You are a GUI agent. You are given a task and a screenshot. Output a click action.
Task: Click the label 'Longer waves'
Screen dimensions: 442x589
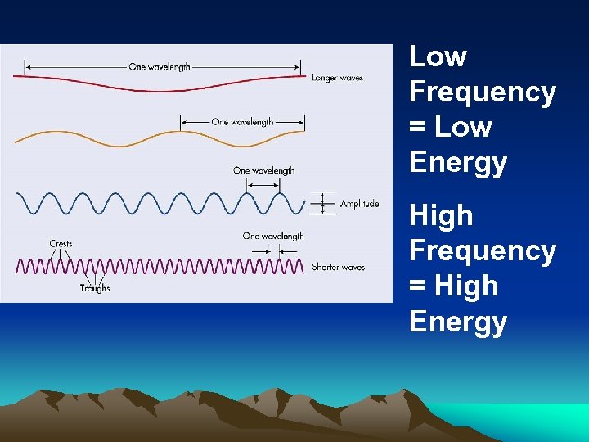337,78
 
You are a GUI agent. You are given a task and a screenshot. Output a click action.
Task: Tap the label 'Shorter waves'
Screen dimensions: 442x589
338,267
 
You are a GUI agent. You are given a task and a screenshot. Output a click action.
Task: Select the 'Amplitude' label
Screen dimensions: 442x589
359,204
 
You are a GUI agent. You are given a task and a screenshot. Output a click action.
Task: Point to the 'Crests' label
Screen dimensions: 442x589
61,243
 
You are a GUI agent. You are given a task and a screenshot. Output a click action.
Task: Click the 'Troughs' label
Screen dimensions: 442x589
95,288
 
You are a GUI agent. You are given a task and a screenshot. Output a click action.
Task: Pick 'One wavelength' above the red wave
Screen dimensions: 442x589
160,66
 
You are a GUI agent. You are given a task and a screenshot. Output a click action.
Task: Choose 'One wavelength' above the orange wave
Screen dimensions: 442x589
242,122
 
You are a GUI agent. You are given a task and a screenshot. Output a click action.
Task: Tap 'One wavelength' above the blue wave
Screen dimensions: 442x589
263,170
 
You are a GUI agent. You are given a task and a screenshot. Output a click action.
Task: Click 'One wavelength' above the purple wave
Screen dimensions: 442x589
273,236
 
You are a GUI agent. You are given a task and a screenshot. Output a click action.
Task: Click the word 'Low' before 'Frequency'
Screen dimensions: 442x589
438,56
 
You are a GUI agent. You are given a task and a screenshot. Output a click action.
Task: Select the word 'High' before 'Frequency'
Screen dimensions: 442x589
441,215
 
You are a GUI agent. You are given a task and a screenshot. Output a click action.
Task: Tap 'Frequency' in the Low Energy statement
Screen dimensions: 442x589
483,92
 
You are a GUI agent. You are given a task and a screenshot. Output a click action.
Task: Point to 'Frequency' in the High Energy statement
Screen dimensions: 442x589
483,250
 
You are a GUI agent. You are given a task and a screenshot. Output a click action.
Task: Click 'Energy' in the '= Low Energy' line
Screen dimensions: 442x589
458,162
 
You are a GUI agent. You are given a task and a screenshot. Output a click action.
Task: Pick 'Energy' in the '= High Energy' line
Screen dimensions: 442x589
458,321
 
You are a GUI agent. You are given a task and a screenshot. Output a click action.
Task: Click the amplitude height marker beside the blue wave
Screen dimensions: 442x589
322,203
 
